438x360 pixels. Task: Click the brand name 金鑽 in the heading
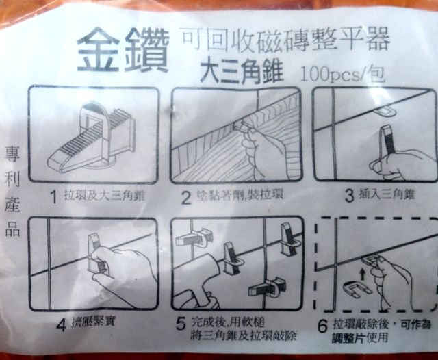coord(123,50)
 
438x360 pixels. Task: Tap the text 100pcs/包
coord(343,75)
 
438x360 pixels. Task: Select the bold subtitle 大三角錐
coord(242,73)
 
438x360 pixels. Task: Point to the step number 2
coord(185,198)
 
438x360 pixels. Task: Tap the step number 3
coord(349,196)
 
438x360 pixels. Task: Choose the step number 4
coord(62,325)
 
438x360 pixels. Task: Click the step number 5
coord(181,324)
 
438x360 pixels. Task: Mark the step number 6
coord(322,326)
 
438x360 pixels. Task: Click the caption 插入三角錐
coord(387,194)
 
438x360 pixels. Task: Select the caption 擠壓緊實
coord(93,322)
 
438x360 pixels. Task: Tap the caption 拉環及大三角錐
coord(105,196)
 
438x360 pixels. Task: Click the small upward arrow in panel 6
coord(362,274)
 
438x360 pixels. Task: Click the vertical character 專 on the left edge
coord(12,155)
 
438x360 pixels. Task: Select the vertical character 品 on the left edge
coord(12,229)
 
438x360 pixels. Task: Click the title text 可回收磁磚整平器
coord(285,41)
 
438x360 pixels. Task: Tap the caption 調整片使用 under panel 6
coord(360,339)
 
